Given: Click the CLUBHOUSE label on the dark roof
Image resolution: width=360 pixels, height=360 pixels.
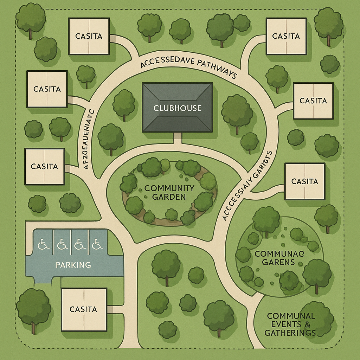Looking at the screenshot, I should [x=178, y=108].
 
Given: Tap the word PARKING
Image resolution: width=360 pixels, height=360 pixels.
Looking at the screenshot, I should [x=73, y=264].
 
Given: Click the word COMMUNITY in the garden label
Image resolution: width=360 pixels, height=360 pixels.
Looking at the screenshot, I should [x=169, y=188].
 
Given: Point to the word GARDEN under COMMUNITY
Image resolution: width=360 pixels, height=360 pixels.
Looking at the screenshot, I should [x=169, y=197].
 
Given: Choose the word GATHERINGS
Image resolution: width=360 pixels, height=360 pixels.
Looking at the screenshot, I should [x=290, y=333].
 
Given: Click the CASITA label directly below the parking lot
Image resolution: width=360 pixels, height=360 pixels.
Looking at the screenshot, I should [x=83, y=309].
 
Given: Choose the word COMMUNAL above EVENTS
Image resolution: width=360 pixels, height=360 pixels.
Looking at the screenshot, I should [x=290, y=315].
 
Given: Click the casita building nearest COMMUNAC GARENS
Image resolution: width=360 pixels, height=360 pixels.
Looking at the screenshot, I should [x=304, y=181].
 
